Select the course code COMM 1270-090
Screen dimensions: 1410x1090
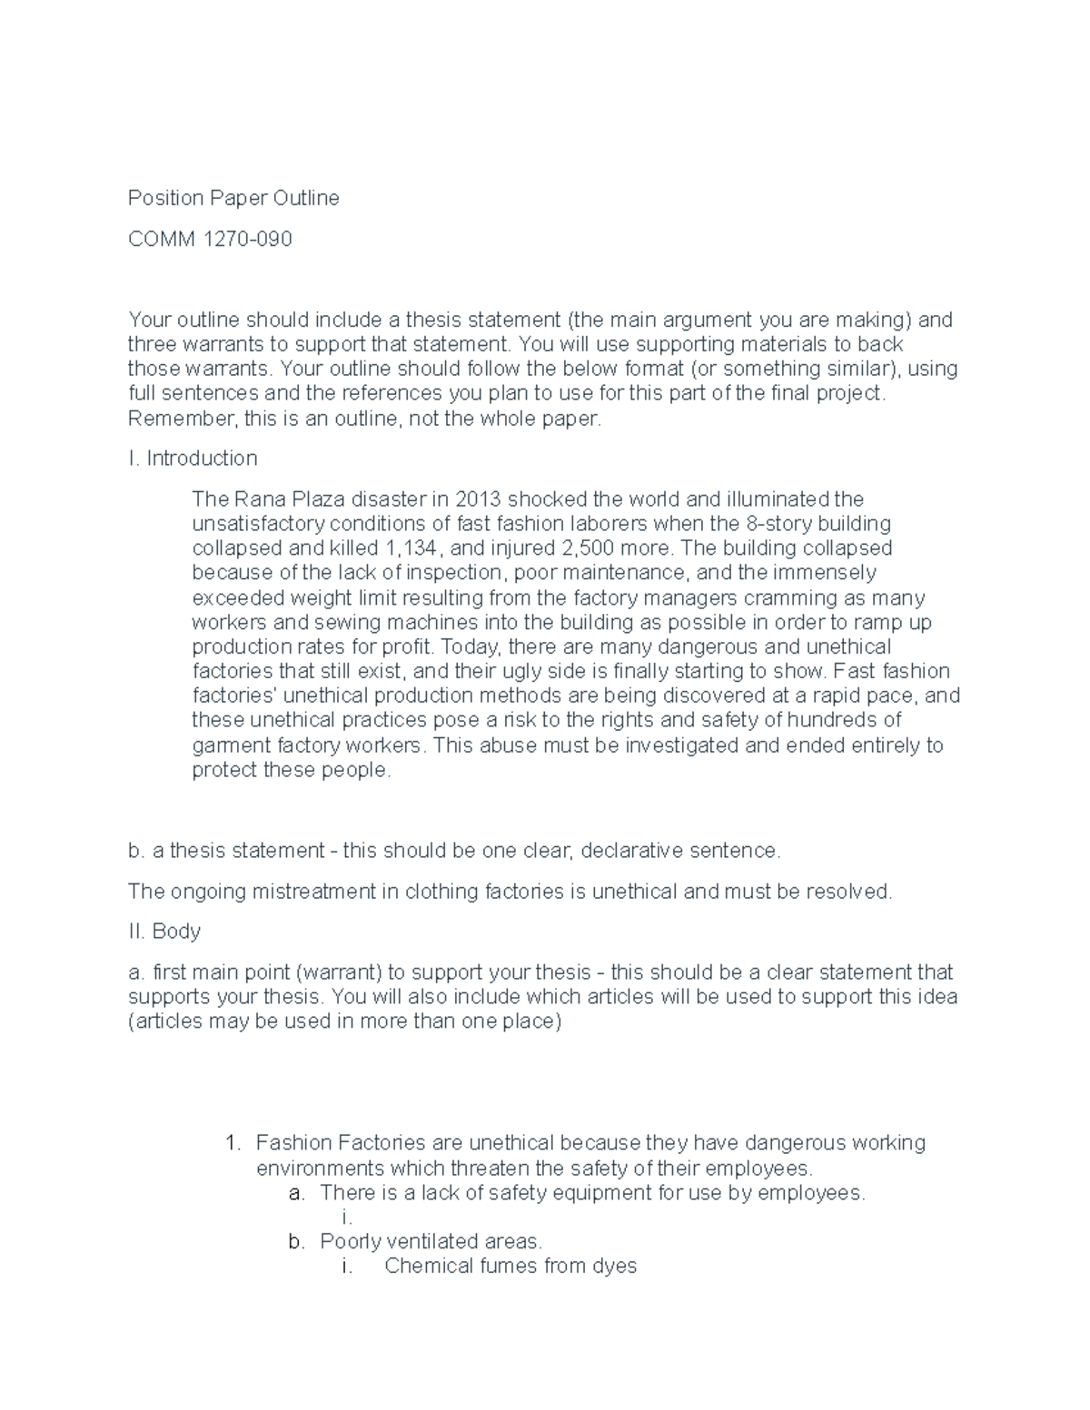pos(210,240)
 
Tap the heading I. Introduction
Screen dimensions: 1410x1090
pos(193,458)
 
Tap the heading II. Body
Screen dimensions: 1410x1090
pos(164,932)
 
